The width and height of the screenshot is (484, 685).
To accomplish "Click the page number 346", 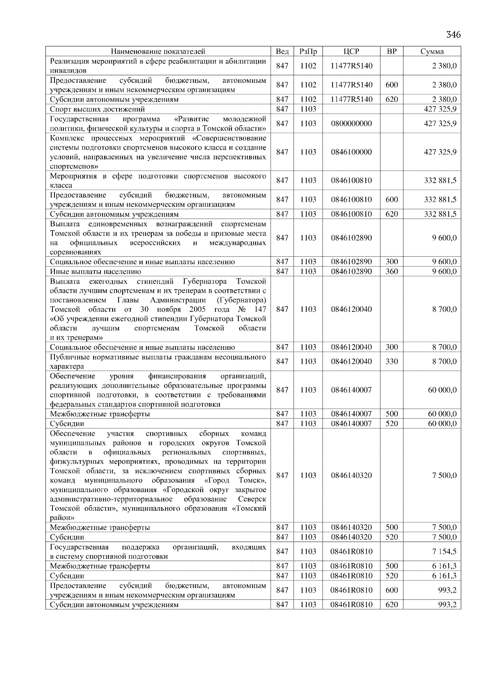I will coord(453,35).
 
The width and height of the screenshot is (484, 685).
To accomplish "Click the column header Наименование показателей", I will coord(158,51).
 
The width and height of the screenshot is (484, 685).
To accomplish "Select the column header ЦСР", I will coord(351,51).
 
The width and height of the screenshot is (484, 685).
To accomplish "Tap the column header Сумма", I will coord(432,51).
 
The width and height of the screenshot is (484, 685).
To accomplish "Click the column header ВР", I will coord(391,51).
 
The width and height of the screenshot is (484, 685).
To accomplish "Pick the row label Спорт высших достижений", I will coord(97,109).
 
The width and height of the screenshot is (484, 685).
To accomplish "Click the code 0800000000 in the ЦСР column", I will coord(351,123).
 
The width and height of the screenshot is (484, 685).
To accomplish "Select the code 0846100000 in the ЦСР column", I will coord(351,152).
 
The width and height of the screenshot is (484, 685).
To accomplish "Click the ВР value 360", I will coord(391,271).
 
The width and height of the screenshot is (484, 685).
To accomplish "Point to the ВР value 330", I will coord(391,361).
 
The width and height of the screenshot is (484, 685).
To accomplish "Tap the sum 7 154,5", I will coord(444,551).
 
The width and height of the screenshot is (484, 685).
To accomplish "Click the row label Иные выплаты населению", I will coord(95,271).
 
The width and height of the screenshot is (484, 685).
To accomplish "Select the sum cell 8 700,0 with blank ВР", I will coord(444,309).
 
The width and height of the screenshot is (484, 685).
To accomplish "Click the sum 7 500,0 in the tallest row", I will coord(444,475).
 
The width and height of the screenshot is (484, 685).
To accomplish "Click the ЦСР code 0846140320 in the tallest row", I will coord(351,475).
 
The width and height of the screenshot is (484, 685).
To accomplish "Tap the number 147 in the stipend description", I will coord(260,309).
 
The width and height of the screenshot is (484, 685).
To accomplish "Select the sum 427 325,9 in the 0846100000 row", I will coord(440,152).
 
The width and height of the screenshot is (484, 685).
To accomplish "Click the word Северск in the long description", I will coord(252,499).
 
